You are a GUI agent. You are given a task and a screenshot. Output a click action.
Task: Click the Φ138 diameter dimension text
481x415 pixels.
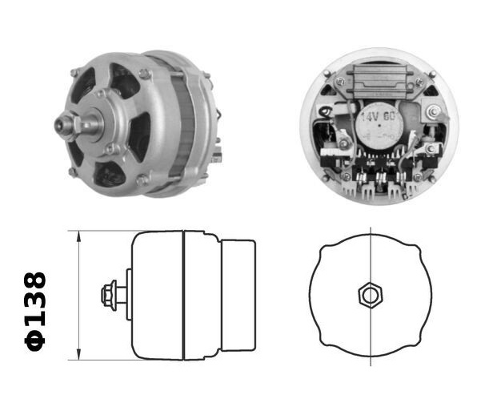tap(36, 310)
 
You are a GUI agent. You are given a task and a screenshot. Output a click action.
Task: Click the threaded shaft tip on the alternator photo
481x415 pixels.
tap(60, 127)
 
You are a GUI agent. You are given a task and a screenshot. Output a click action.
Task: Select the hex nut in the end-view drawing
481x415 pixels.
tap(370, 295)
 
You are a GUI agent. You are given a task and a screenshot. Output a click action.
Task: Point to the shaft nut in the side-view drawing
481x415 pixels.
tap(110, 295)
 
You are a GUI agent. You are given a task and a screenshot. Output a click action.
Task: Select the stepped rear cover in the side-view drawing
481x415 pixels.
tap(238, 295)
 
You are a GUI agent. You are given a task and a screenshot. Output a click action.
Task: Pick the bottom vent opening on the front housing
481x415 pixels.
tap(108, 172)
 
